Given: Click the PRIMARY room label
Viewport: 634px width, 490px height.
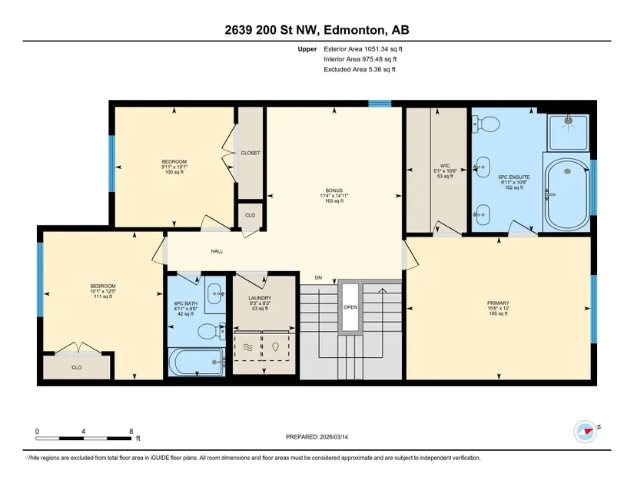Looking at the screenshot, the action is point(498,303).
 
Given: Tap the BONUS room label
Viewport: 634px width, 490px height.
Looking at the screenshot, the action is point(334,190).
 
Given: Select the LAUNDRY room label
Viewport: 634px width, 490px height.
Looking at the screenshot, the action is point(260,298).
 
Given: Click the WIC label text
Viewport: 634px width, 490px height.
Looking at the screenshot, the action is point(445,166).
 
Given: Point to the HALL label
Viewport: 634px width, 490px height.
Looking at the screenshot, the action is point(217,251).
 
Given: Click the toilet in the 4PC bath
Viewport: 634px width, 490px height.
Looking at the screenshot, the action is point(211,331).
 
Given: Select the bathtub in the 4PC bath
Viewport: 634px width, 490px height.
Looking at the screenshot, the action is point(197,362).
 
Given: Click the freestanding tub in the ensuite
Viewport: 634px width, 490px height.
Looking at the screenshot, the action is point(567,195).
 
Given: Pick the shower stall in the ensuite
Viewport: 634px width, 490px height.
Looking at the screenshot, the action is point(568,133).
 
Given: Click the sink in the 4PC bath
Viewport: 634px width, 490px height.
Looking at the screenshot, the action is point(215,293).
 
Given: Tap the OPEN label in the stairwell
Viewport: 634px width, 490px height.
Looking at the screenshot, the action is point(350,307).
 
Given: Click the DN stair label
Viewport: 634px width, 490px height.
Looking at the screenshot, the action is point(319,277).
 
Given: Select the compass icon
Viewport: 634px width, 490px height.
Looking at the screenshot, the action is point(586,432).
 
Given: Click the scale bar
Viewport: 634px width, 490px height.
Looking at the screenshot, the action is point(83,438).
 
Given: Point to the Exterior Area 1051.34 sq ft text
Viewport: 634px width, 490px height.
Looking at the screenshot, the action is point(363,49).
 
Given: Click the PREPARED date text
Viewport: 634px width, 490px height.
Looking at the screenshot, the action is point(317,437).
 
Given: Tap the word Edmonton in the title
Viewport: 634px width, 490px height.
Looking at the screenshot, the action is point(354,30).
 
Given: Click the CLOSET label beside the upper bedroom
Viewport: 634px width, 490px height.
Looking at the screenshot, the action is point(251,153).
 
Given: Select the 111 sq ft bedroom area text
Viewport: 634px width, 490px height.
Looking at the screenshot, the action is point(103,296).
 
